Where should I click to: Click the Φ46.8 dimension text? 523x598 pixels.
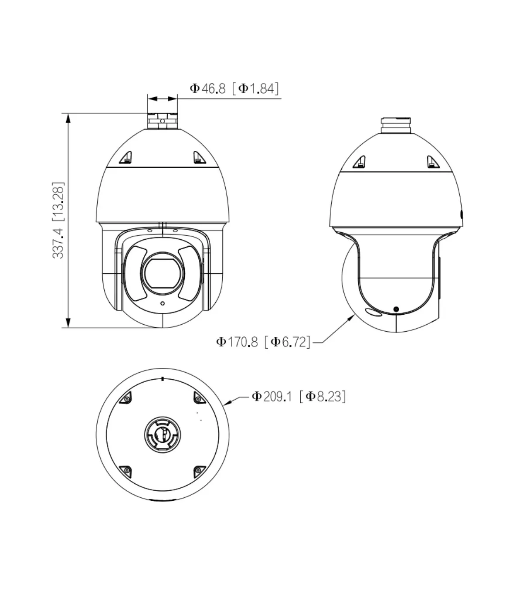coord(207,88)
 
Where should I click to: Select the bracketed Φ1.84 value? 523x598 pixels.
coord(255,88)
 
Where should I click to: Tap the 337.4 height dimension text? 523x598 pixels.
coord(58,243)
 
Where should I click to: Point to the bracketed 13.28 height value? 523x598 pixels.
coord(58,202)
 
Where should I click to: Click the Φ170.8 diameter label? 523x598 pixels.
coord(237,342)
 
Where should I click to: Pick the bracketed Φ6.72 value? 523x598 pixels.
coord(288,342)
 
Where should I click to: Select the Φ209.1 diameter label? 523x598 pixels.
coord(272,397)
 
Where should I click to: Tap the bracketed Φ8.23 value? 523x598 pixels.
coord(323,397)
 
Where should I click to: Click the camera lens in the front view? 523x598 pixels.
coord(163,274)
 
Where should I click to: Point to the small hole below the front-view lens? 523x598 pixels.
coord(163,303)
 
